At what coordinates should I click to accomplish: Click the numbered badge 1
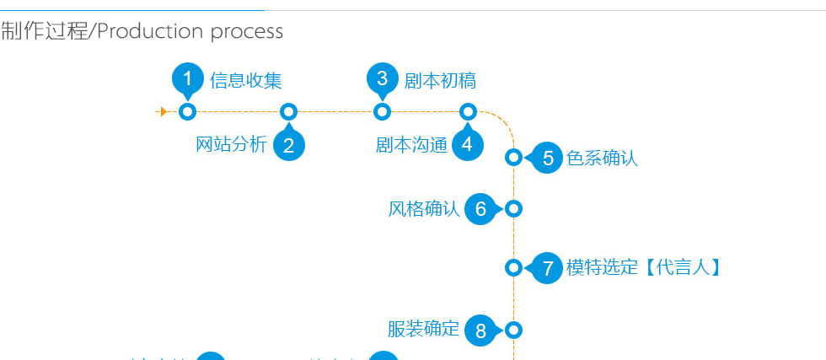188,79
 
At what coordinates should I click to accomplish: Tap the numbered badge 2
288,145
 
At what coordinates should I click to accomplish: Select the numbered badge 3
383,79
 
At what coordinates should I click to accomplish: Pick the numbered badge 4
468,144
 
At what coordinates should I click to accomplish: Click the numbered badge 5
548,158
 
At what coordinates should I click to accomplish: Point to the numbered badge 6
480,209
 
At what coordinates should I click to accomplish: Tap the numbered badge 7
548,268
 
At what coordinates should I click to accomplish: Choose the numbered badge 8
480,330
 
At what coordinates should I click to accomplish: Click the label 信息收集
245,81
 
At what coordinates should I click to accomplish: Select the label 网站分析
231,144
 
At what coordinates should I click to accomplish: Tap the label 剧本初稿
440,81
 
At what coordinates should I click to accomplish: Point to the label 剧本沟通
411,145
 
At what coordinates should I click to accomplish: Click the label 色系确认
602,158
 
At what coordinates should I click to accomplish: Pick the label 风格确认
424,209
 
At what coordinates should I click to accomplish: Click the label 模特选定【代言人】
644,268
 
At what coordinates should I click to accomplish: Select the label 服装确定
423,329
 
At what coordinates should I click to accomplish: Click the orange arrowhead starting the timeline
163,111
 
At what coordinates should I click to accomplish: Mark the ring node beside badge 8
513,330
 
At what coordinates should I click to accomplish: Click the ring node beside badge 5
513,157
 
